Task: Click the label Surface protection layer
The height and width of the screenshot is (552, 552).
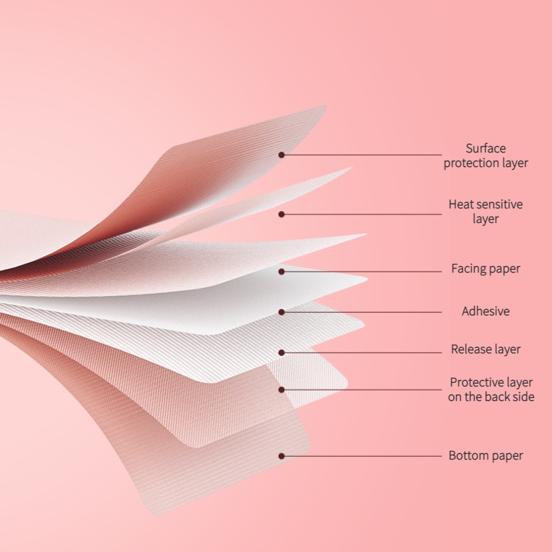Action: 486,156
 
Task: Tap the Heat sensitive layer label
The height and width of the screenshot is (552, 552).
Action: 486,212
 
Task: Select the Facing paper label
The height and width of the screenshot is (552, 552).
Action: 486,268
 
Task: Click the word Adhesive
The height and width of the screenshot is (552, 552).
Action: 486,311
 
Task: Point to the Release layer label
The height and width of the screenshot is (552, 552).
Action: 486,349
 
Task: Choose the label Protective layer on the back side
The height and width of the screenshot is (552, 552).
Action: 491,389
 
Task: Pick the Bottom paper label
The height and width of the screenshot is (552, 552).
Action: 486,455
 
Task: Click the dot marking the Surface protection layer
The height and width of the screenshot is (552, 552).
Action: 282,155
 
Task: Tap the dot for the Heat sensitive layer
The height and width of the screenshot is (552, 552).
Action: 282,214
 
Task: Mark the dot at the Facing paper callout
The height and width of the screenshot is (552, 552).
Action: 282,271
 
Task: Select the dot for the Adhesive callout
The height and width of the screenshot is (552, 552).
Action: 282,312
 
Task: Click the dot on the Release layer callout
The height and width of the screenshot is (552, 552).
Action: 282,353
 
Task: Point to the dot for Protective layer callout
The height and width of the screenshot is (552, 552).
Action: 282,390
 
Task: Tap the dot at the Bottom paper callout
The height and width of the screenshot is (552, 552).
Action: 282,456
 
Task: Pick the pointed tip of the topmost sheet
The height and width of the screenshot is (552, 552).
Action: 324,106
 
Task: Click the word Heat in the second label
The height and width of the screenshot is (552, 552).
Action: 461,204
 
